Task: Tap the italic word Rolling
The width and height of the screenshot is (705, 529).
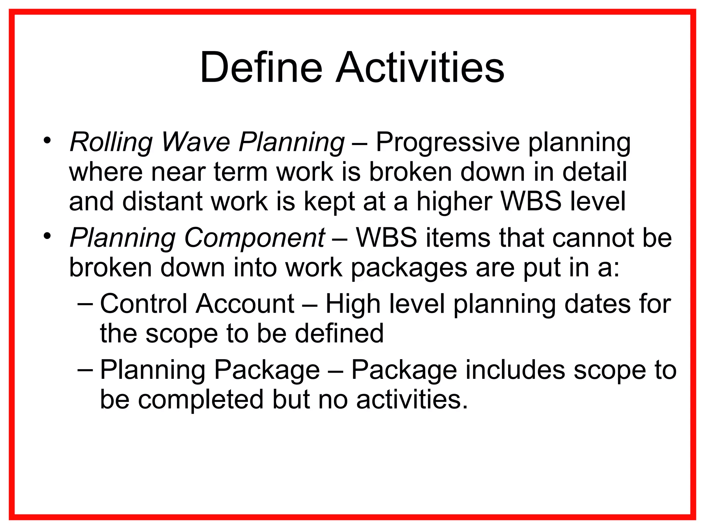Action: pos(111,142)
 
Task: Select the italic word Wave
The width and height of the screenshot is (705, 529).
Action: pos(196,142)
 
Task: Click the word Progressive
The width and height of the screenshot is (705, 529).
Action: pos(447,142)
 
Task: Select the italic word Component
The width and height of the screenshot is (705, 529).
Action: pos(254,238)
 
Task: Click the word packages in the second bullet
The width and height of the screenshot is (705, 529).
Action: pos(408,268)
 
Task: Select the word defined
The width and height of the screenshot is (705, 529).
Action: pos(339,333)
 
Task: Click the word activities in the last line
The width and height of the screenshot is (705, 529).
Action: pos(412,400)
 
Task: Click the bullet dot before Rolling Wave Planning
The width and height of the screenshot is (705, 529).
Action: pos(47,141)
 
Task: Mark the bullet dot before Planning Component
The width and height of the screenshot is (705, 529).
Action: pos(47,236)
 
